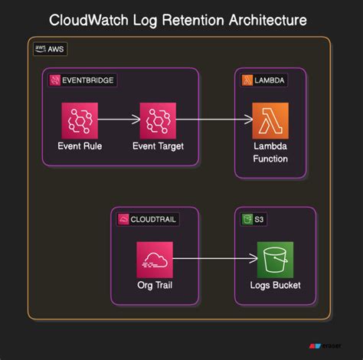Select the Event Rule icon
(80, 119)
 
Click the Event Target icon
(159, 119)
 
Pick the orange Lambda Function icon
(271, 119)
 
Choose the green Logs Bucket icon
(274, 260)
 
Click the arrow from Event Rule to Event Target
(119, 119)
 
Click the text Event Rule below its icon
(80, 146)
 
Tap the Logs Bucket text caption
(274, 286)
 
